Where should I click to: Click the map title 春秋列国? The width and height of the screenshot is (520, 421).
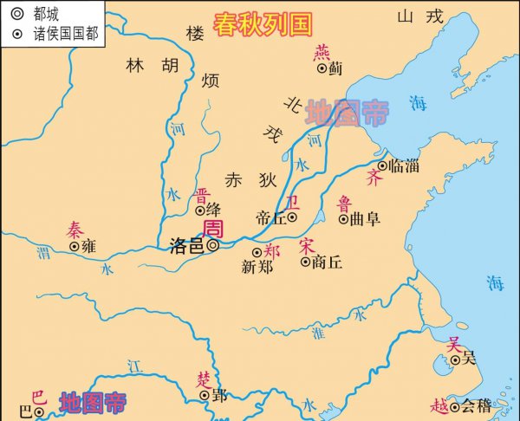click(263, 23)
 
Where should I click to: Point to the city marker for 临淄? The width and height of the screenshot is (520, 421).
click(382, 165)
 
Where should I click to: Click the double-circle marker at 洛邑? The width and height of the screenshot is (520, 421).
click(212, 245)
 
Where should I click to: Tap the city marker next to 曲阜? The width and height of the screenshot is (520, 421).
click(344, 219)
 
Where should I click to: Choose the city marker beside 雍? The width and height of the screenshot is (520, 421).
click(74, 246)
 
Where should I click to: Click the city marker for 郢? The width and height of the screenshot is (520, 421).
click(205, 394)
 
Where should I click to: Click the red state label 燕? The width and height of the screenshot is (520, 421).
click(322, 51)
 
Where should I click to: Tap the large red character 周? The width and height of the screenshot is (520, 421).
click(212, 227)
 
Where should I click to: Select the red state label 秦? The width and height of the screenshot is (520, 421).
click(76, 230)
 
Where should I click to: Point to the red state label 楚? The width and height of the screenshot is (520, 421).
click(204, 379)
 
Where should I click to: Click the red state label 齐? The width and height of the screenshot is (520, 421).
click(374, 178)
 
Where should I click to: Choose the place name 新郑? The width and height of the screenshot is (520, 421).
click(258, 267)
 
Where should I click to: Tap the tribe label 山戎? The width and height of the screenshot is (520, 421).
click(420, 16)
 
